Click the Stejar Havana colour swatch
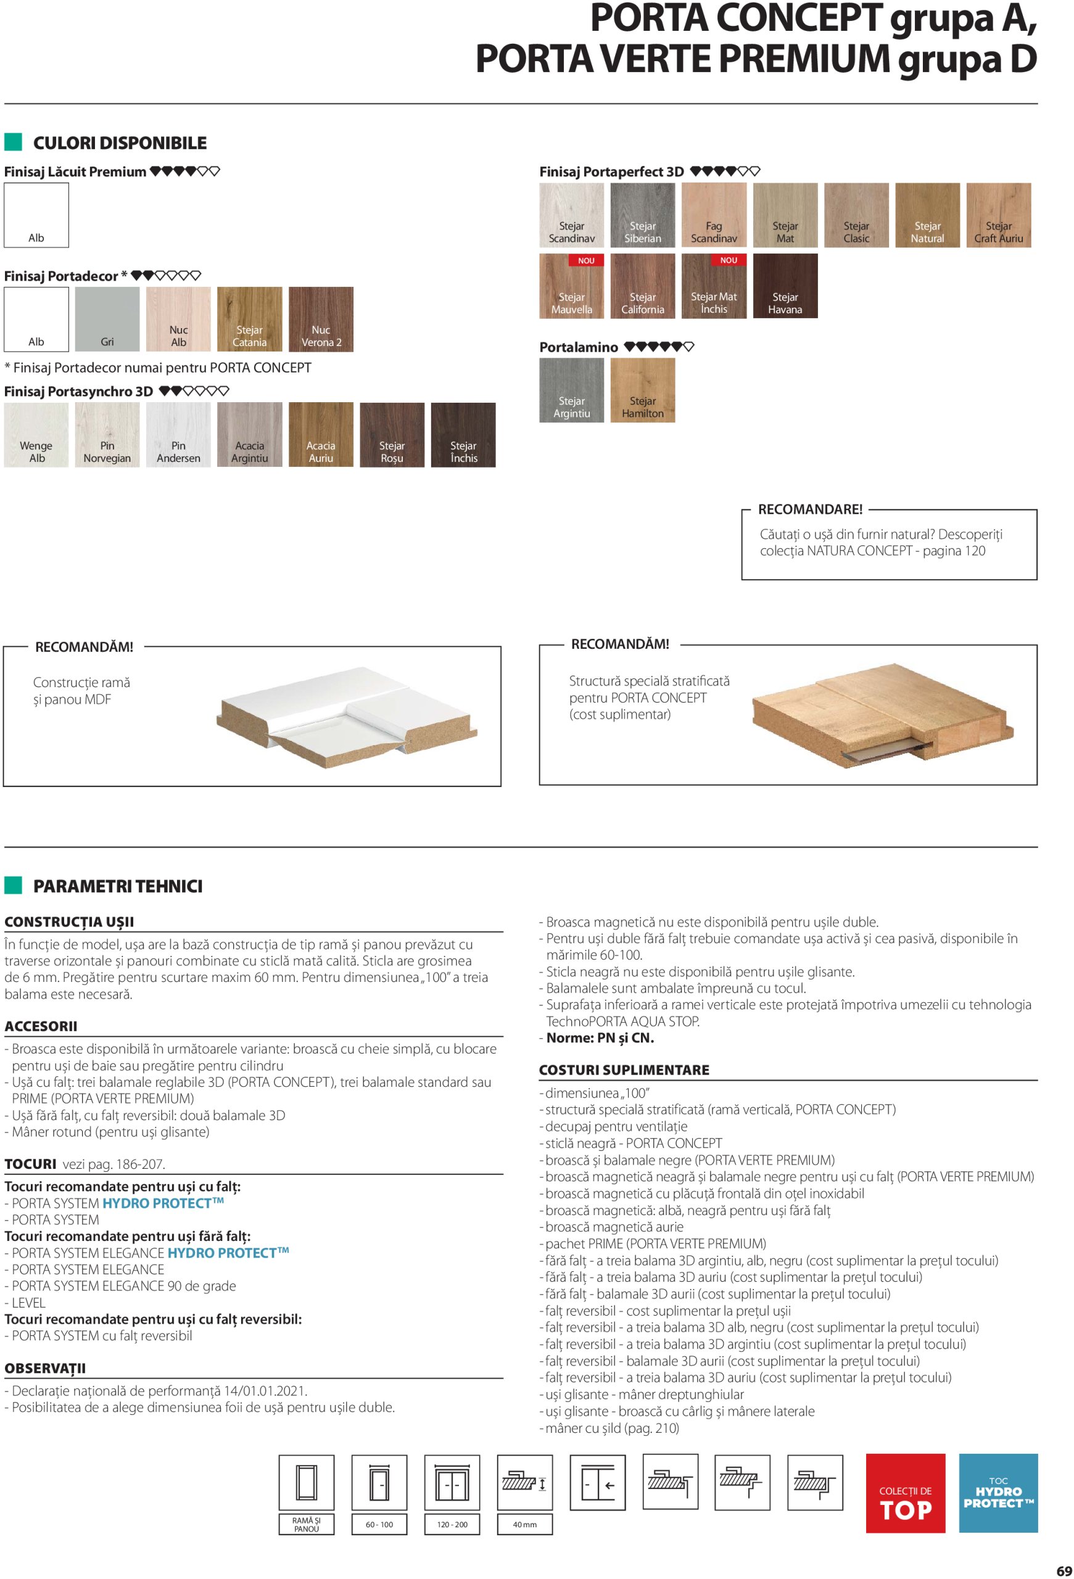pyautogui.click(x=785, y=286)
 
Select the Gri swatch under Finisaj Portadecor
pyautogui.click(x=107, y=319)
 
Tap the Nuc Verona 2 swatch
pyautogui.click(x=321, y=319)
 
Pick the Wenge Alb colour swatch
pyautogui.click(x=36, y=435)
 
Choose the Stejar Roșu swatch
pyautogui.click(x=392, y=435)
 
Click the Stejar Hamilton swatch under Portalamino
pyautogui.click(x=643, y=390)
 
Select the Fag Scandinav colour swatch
pyautogui.click(x=713, y=215)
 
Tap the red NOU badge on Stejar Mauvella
pyautogui.click(x=585, y=260)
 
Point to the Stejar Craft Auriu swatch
pyautogui.click(x=998, y=215)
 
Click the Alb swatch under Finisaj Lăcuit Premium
pyautogui.click(x=36, y=215)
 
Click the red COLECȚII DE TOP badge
pyautogui.click(x=905, y=1493)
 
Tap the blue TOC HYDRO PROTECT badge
pyautogui.click(x=998, y=1493)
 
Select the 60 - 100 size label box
pyautogui.click(x=379, y=1524)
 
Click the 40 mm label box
pyautogui.click(x=524, y=1524)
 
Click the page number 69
pyautogui.click(x=1064, y=1570)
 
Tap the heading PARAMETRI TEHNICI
pyautogui.click(x=118, y=886)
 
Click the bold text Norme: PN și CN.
pyautogui.click(x=600, y=1037)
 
